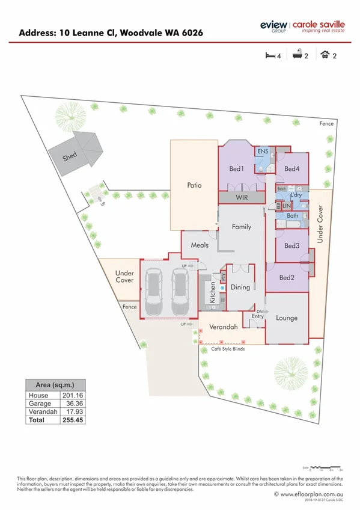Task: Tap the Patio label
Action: click(x=193, y=185)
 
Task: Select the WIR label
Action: click(x=241, y=197)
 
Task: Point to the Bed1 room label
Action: click(x=237, y=168)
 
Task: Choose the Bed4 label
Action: click(x=292, y=168)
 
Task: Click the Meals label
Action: click(x=200, y=245)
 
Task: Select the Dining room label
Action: click(x=240, y=287)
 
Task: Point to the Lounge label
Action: click(x=287, y=318)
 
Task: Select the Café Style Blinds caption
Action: click(x=223, y=348)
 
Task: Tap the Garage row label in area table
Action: click(x=39, y=404)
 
